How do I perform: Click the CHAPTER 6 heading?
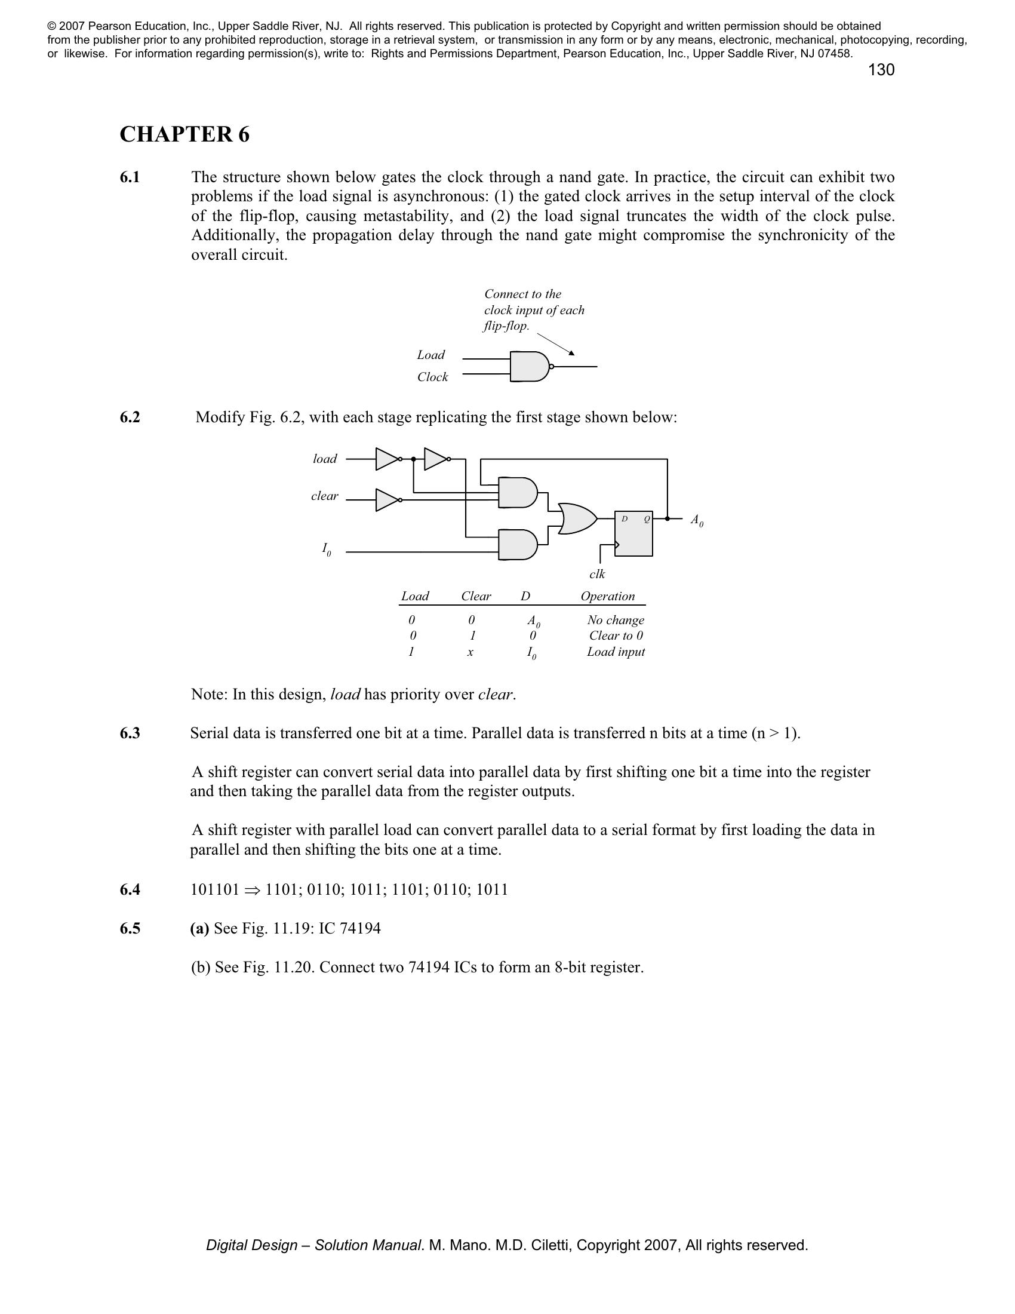(184, 134)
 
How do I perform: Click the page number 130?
(881, 70)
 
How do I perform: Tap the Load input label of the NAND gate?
(430, 355)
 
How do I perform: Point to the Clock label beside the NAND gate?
(432, 377)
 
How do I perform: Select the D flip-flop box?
(633, 533)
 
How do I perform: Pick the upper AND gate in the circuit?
(518, 493)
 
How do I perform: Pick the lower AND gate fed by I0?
(518, 545)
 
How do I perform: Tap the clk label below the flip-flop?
(597, 575)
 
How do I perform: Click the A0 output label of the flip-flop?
(696, 520)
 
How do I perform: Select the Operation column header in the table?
(607, 596)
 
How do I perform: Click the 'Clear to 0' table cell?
(616, 635)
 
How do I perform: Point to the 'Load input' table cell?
(616, 652)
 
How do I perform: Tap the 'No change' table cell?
(616, 621)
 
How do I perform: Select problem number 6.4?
(130, 890)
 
